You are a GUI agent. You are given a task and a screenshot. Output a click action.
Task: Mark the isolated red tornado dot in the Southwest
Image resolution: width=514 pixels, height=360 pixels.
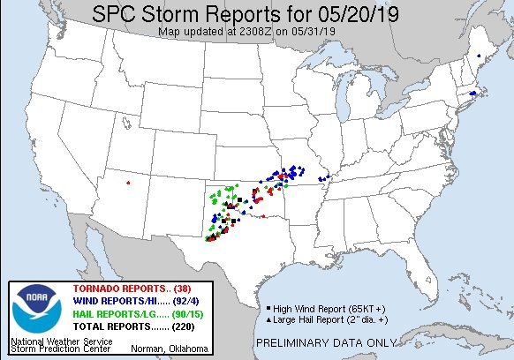pos(128,184)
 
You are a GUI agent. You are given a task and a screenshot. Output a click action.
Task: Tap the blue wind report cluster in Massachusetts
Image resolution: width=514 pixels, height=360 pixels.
pos(472,94)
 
